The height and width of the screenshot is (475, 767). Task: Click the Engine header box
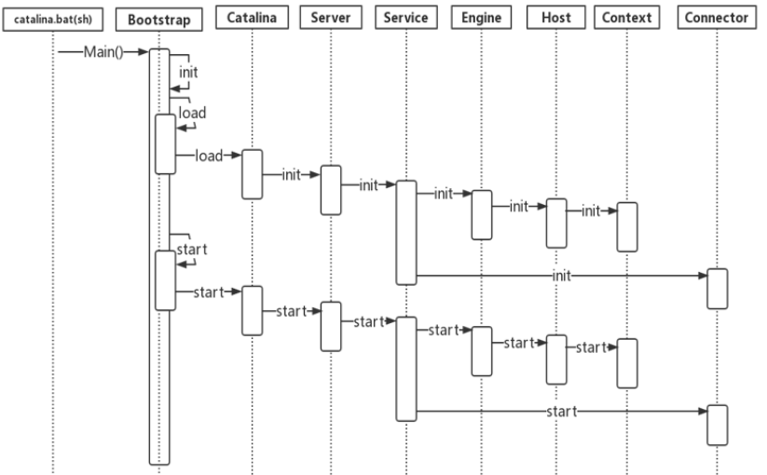(x=481, y=18)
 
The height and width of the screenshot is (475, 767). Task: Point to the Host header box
(x=556, y=18)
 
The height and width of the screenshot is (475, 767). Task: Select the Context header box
(x=627, y=18)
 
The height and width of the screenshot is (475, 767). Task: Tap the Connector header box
(x=717, y=18)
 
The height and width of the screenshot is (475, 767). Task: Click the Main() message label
(x=103, y=51)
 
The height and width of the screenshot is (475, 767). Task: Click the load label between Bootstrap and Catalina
(x=209, y=156)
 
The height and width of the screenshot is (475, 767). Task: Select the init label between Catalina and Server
(x=291, y=174)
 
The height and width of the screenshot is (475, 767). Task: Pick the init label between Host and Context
(x=591, y=211)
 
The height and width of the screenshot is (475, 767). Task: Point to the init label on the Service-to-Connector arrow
(x=562, y=276)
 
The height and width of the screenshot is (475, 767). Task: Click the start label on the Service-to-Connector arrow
(x=562, y=410)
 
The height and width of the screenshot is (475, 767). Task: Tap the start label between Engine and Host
(x=519, y=343)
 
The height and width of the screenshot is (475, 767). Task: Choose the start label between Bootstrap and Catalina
(x=209, y=292)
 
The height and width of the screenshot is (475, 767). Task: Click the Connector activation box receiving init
(x=717, y=288)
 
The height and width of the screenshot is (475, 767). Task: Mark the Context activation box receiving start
(x=627, y=363)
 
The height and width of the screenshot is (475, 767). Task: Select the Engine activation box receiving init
(x=481, y=214)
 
